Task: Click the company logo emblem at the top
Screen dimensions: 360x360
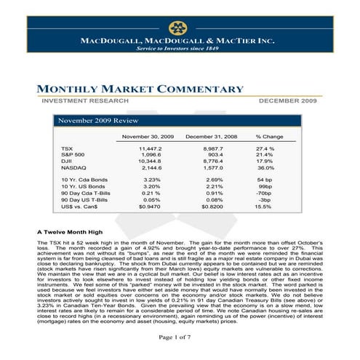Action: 178,28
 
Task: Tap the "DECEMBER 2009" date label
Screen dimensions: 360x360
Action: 289,100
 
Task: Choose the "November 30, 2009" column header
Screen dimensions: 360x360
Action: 148,136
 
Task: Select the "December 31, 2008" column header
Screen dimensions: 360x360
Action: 212,136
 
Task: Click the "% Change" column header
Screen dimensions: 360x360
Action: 269,136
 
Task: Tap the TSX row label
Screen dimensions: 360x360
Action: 68,148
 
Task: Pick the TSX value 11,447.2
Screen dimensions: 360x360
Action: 149,148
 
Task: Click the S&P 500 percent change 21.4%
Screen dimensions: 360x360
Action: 263,155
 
